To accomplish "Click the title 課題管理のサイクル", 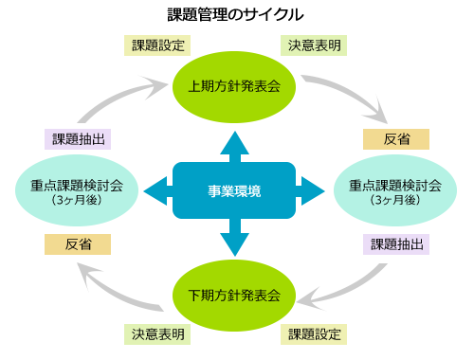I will click(x=236, y=15).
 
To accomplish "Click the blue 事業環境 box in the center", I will click(x=234, y=190).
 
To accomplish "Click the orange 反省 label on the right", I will click(x=396, y=139).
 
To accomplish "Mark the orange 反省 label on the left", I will click(x=78, y=243).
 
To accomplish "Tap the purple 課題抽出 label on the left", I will click(x=78, y=139).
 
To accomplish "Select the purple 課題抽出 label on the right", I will click(x=396, y=243).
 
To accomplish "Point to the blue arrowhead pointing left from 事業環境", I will click(x=152, y=190).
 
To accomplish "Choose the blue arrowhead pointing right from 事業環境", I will click(x=318, y=190).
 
